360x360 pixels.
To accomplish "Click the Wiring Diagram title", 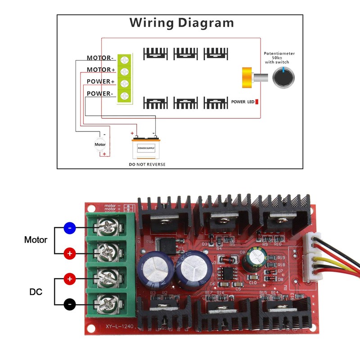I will tap(182, 22).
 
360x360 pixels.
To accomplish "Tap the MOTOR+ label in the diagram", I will tap(101, 70).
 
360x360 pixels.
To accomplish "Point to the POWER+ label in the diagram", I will tap(101, 81).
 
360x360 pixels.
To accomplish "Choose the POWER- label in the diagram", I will tap(99, 94).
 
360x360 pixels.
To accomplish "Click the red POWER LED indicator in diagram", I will tap(257, 102).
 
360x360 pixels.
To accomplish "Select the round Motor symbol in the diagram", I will tap(100, 144).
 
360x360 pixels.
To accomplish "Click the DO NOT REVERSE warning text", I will tap(147, 164).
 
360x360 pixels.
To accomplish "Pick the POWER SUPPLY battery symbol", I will tap(146, 147).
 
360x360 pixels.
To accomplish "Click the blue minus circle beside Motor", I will tap(69, 228).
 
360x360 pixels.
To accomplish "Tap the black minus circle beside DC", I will tap(69, 305).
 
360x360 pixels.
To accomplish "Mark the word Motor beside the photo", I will tap(36, 240).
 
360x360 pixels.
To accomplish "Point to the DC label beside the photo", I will tap(36, 292).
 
